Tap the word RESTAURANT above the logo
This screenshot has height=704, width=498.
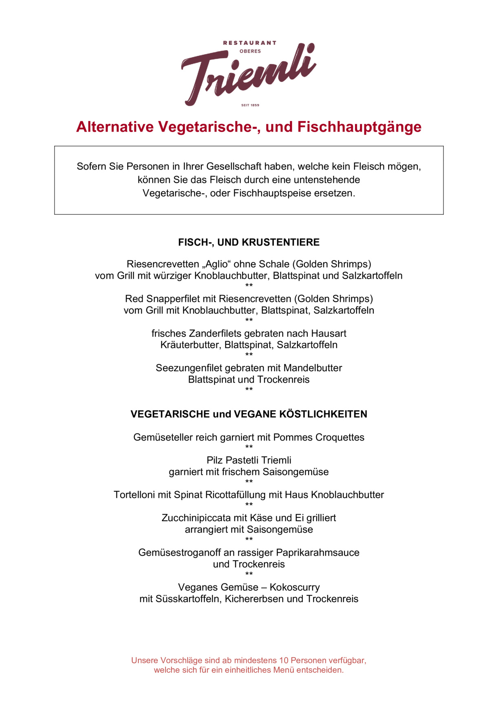tap(249, 43)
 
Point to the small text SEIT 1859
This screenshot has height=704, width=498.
tap(250, 105)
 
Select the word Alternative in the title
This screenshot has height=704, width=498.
tap(115, 127)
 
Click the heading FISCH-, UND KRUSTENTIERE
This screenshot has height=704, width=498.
tap(249, 242)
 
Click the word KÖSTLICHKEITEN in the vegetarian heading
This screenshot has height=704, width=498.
tap(323, 414)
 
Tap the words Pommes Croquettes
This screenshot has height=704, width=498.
tap(319, 437)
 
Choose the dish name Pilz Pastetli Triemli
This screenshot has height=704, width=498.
tap(249, 460)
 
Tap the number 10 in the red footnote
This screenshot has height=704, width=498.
tap(284, 660)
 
